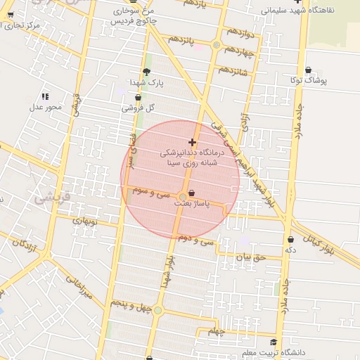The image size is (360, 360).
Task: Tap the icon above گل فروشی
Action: tap(138, 98)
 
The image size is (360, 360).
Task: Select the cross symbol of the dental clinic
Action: tap(192, 142)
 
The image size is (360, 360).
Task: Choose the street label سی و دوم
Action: tap(195, 239)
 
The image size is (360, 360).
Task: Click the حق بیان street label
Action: tap(251, 257)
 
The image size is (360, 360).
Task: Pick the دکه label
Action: tap(290, 250)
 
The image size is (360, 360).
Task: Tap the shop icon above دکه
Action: tap(290, 240)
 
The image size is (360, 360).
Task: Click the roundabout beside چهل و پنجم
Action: tap(158, 310)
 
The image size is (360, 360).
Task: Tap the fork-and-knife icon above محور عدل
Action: tap(45, 96)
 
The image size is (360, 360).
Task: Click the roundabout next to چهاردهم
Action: tap(217, 46)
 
